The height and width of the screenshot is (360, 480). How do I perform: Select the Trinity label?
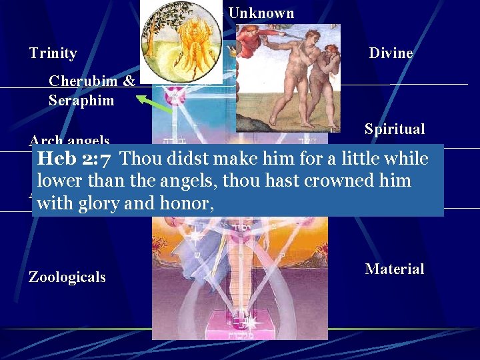click(53, 53)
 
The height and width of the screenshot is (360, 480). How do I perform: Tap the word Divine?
click(391, 53)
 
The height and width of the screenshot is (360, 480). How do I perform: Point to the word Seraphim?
click(81, 101)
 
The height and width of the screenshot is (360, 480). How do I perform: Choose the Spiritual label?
click(395, 129)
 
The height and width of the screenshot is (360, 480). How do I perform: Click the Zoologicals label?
click(67, 277)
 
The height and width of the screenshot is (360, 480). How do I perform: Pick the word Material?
click(395, 269)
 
